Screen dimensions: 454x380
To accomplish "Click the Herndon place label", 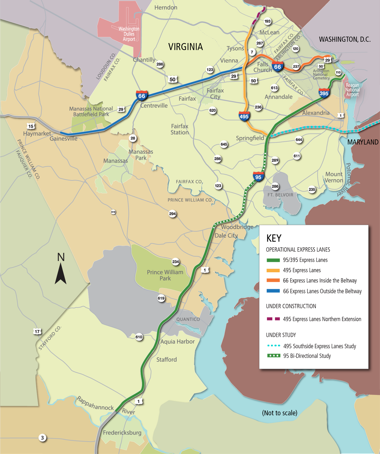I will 166,7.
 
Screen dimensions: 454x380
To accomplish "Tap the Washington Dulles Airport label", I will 129,34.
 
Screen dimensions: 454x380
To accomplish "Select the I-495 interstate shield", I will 244,116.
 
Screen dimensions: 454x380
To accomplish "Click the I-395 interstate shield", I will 324,93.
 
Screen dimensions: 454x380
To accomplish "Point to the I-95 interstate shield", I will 258,177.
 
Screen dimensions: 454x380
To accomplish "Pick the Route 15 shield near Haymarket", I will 31,126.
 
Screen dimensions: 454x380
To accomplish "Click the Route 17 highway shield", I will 37,332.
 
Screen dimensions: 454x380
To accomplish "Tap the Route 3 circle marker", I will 42,438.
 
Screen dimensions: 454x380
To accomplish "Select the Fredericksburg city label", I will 122,433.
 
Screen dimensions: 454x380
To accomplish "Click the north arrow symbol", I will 61,273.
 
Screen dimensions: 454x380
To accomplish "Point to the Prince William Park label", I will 165,275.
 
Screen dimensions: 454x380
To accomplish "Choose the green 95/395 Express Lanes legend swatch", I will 273,260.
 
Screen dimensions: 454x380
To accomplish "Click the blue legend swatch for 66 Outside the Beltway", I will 273,291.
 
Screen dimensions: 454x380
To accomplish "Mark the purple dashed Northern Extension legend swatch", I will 273,319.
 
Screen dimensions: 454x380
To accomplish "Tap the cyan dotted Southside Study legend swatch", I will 273,346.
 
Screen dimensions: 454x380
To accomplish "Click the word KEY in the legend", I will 274,238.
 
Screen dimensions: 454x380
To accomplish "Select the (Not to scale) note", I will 279,413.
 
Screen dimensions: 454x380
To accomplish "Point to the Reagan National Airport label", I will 352,90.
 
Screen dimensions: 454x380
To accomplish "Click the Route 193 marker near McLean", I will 268,21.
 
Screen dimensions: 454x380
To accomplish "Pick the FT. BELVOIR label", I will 280,195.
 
